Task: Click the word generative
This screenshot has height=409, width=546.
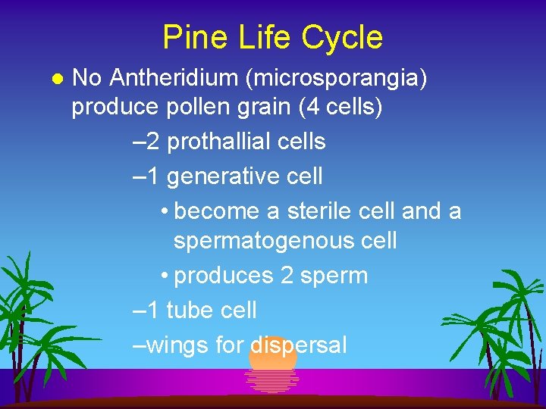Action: [x=213, y=176]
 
